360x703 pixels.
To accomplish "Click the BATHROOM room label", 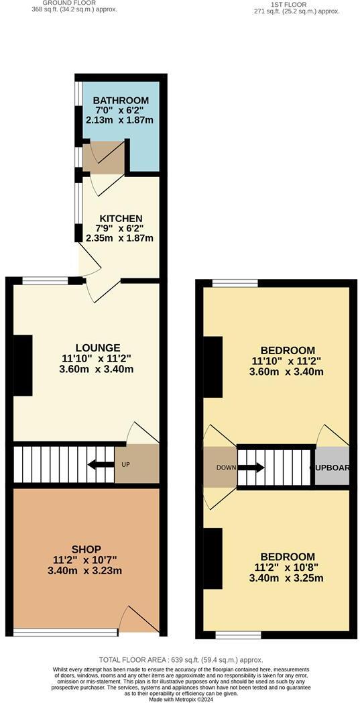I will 121,101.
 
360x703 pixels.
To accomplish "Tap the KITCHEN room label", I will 121,219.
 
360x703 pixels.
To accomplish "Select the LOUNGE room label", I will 98,347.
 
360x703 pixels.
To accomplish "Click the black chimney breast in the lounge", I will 23,365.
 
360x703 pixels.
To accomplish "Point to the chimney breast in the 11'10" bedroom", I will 213,369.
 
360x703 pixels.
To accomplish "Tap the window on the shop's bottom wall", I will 65,632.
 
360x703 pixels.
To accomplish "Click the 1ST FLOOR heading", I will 288,5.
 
